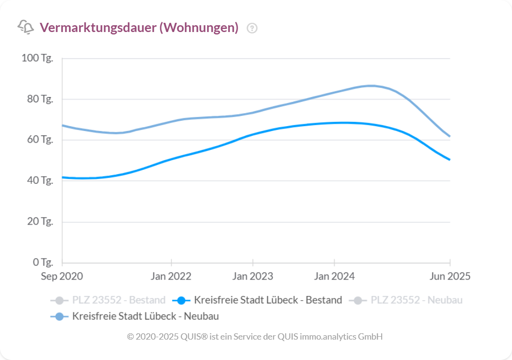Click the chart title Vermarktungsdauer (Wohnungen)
[x=139, y=28]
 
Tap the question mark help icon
[x=252, y=28]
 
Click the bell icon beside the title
[x=26, y=27]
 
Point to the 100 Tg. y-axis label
[x=37, y=58]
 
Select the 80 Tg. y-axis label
[x=39, y=99]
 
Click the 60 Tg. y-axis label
[x=39, y=140]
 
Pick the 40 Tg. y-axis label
[x=39, y=180]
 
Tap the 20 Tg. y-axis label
[x=39, y=222]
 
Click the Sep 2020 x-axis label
[x=62, y=277]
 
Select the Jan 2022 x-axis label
[x=171, y=277]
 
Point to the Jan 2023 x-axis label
[x=253, y=277]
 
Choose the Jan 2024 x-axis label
[x=334, y=277]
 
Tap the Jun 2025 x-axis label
[x=450, y=277]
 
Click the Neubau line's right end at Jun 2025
[x=450, y=136]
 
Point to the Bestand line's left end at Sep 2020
[x=63, y=177]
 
